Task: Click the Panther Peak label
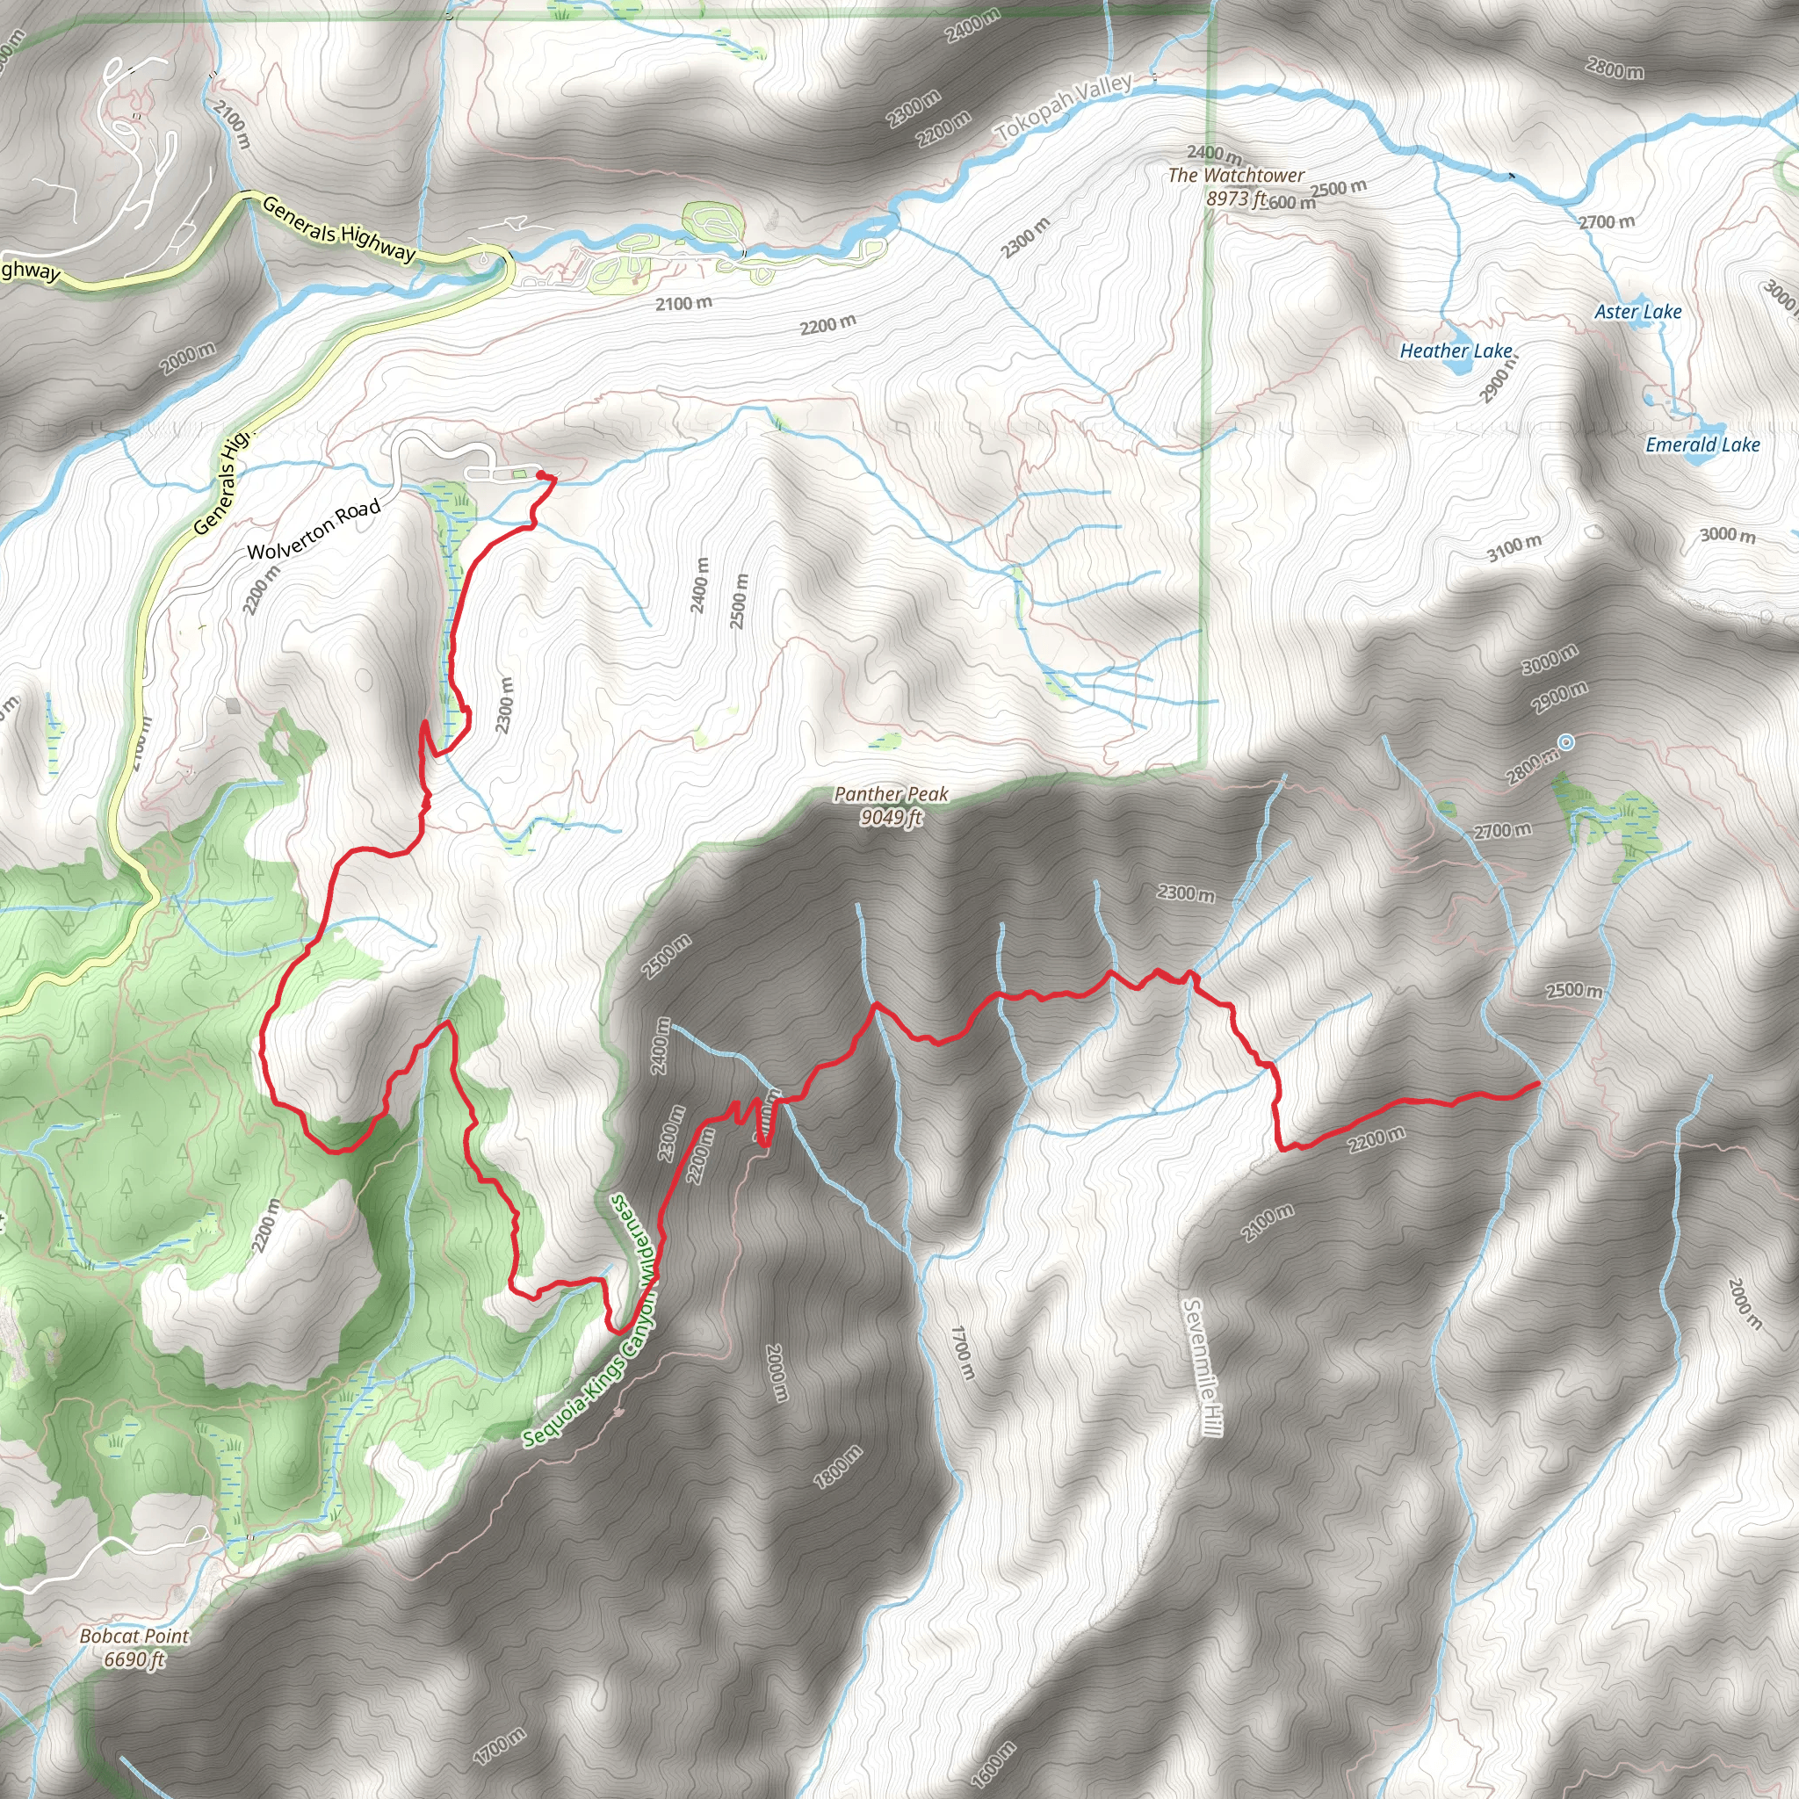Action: [891, 794]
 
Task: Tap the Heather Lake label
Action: [1456, 350]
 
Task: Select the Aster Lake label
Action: [1638, 312]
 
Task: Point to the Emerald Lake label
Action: [1702, 444]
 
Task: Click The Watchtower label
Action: [1236, 175]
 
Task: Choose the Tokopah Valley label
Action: [1065, 108]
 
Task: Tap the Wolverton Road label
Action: [314, 530]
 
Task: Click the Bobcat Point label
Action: [134, 1636]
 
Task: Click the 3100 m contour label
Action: [1514, 548]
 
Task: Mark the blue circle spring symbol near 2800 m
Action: [1566, 742]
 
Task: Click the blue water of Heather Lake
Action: [1455, 362]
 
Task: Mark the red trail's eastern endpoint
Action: [1535, 1085]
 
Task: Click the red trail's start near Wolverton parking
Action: [542, 475]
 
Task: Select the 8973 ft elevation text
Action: [1236, 199]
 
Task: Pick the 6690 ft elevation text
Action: [134, 1659]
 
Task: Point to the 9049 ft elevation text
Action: [891, 818]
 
